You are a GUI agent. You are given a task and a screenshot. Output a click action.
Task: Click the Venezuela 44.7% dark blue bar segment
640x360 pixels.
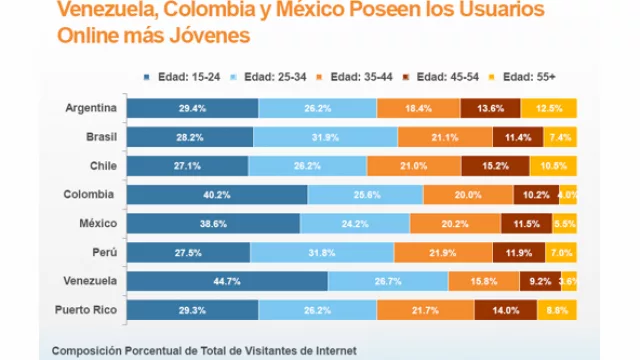pyautogui.click(x=227, y=282)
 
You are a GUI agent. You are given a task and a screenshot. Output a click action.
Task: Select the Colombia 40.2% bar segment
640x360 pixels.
pyautogui.click(x=217, y=195)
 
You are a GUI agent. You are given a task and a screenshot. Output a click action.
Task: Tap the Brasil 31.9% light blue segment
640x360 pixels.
pyautogui.click(x=325, y=137)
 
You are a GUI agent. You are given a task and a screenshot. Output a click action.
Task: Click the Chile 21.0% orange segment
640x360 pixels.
pyautogui.click(x=414, y=166)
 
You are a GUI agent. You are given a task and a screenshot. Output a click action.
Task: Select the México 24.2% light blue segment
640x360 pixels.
pyautogui.click(x=354, y=224)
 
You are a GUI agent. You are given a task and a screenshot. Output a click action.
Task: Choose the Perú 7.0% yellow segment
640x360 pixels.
pyautogui.click(x=561, y=253)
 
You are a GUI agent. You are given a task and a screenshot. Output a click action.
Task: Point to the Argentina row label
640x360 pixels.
pyautogui.click(x=91, y=108)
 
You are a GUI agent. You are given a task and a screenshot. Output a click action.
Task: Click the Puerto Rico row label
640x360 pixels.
pyautogui.click(x=86, y=311)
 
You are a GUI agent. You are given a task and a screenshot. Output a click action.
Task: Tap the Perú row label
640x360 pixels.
pyautogui.click(x=103, y=253)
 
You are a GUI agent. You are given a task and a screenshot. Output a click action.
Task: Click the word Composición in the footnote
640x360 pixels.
pyautogui.click(x=92, y=350)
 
